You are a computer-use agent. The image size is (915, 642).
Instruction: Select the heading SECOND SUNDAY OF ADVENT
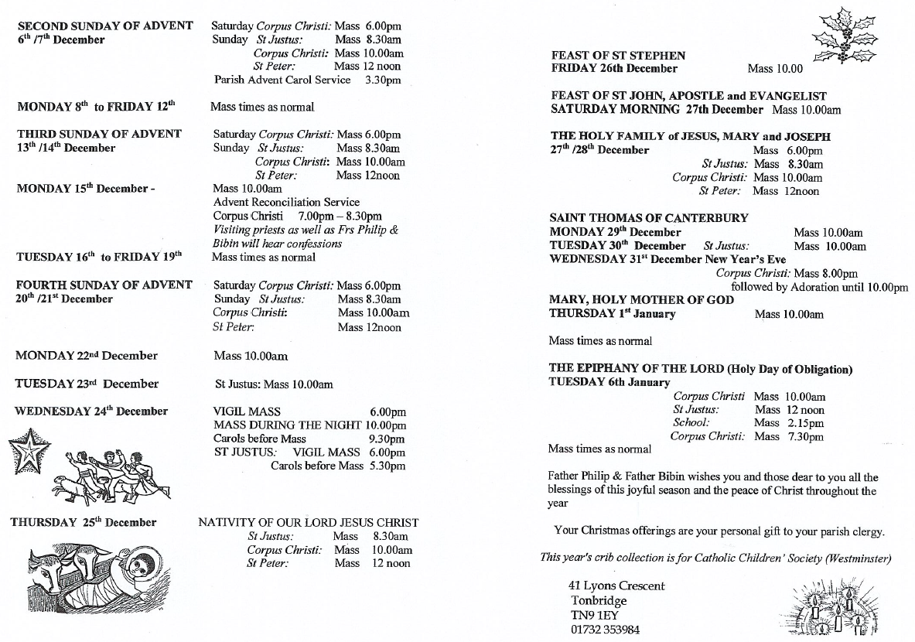[x=105, y=26]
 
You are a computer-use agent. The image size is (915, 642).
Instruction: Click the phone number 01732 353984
[x=606, y=630]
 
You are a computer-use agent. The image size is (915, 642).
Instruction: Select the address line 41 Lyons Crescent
[x=616, y=586]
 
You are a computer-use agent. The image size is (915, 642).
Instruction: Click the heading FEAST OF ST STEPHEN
[x=618, y=55]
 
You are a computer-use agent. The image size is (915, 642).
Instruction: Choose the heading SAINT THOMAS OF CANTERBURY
[x=648, y=218]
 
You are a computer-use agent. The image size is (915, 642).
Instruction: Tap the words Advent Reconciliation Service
[x=286, y=202]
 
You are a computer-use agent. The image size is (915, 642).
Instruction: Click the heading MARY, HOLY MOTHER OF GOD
[x=641, y=299]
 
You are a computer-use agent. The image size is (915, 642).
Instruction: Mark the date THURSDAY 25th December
[x=84, y=522]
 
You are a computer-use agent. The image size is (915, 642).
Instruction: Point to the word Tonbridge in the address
[x=599, y=600]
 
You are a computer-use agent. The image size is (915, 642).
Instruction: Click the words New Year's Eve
[x=749, y=259]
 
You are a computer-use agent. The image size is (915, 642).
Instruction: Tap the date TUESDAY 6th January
[x=609, y=382]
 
